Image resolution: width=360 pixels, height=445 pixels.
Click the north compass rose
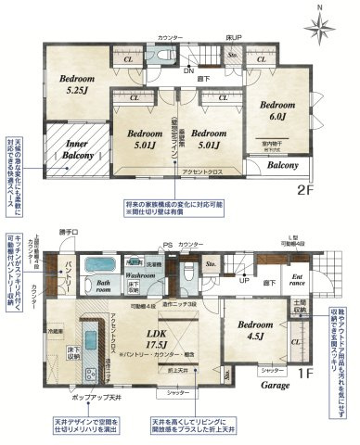[320, 26]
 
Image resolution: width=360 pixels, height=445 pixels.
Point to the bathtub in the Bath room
[93, 264]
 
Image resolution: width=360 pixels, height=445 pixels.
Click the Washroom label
[140, 275]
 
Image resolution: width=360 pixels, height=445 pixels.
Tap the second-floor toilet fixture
[167, 56]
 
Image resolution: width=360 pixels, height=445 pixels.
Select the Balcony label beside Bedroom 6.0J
[282, 167]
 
